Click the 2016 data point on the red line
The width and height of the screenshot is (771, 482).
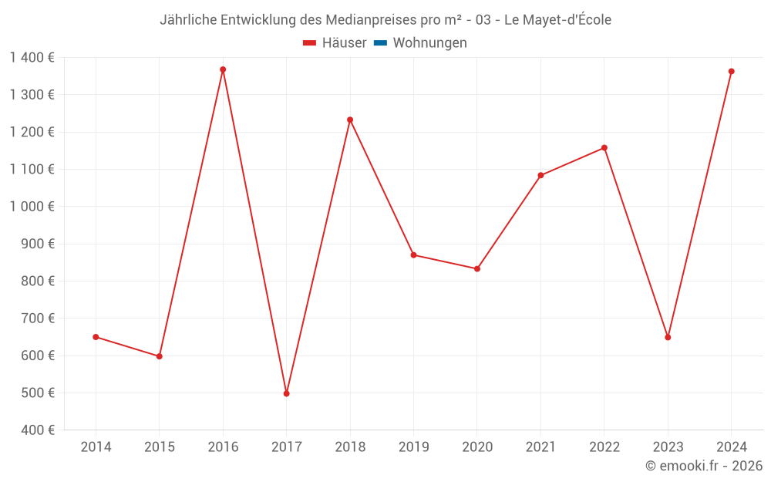tap(223, 69)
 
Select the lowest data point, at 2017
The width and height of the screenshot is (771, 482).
tap(286, 393)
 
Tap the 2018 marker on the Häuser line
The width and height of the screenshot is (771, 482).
tap(350, 120)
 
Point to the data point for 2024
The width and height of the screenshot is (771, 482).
tap(731, 72)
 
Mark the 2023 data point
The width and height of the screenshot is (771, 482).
tap(668, 337)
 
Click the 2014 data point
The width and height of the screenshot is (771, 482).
tap(96, 337)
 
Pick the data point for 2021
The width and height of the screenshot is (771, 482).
tap(540, 175)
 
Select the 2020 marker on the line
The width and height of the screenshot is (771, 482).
tap(477, 268)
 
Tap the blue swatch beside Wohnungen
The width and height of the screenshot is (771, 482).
tap(380, 43)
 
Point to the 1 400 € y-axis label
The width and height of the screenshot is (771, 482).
tap(32, 57)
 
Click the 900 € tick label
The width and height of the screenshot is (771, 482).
tap(39, 244)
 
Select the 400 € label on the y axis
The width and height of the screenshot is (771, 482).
tap(39, 430)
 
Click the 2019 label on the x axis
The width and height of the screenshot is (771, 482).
tap(413, 447)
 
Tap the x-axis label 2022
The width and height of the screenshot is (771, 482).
tap(604, 447)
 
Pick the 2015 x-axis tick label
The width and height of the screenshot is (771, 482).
tap(159, 447)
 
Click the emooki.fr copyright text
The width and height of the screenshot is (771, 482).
tap(704, 466)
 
